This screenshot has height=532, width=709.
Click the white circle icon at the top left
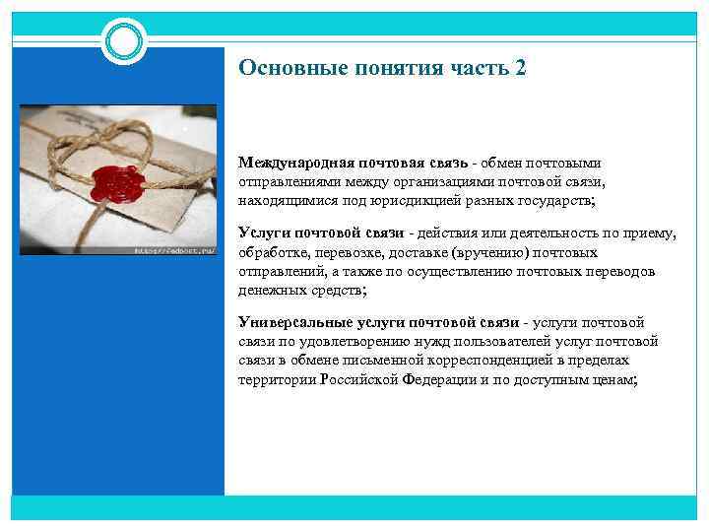tap(124, 40)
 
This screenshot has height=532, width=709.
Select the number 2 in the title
tap(520, 68)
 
